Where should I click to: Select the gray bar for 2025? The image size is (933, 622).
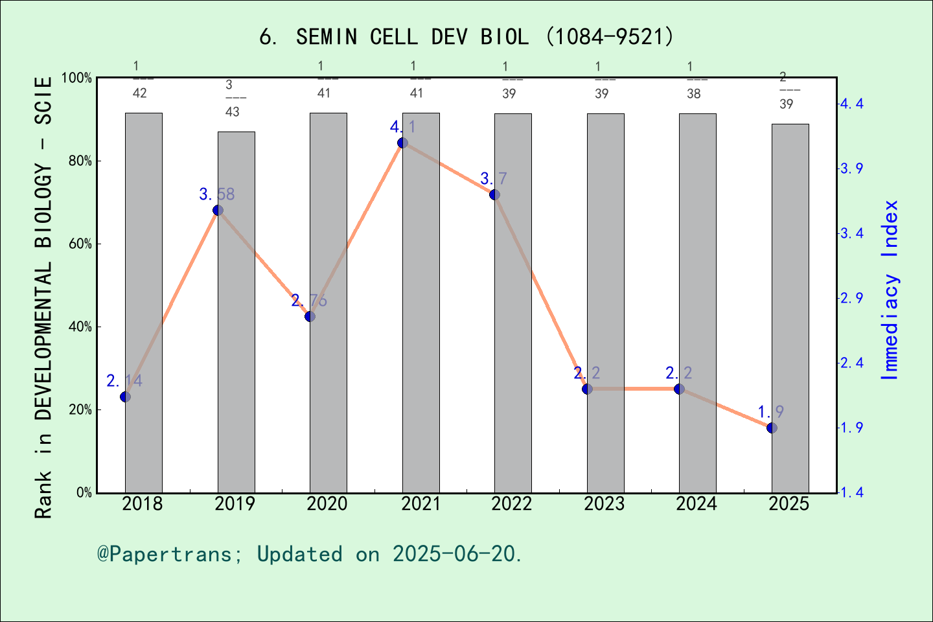(x=790, y=311)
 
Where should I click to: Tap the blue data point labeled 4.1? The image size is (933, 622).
(x=402, y=143)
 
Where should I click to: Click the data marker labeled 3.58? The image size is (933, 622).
(x=218, y=210)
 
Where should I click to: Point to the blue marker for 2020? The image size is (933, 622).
(x=310, y=316)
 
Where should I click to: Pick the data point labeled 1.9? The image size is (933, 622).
(x=772, y=428)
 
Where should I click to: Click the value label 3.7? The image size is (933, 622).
(x=494, y=178)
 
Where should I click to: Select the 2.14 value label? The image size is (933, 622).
(x=124, y=380)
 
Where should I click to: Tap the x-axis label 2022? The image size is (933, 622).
(x=512, y=503)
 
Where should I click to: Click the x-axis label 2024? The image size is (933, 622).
(x=697, y=503)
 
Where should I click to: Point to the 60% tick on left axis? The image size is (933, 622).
(x=80, y=244)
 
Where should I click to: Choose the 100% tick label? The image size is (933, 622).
(x=76, y=78)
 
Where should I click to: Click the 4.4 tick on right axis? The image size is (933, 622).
(x=851, y=104)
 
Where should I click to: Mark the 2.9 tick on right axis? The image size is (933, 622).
(x=851, y=298)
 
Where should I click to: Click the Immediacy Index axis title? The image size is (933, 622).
(x=890, y=290)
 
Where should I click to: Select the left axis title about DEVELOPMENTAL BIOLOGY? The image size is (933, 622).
(x=43, y=298)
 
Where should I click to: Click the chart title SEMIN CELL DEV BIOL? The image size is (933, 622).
(x=466, y=36)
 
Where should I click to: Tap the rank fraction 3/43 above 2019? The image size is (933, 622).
(x=232, y=98)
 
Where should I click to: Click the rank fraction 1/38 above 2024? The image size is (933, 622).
(x=693, y=80)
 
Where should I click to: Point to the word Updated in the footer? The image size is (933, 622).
(x=299, y=554)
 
